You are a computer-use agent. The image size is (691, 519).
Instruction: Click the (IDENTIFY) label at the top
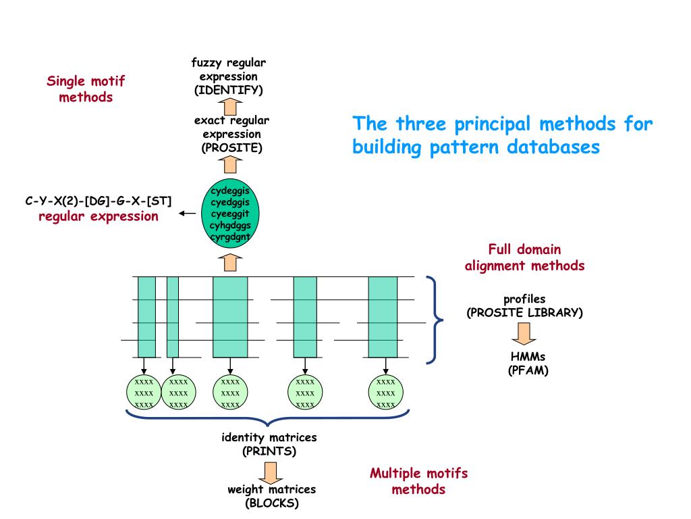[229, 90]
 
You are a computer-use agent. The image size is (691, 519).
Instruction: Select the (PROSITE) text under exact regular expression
[231, 148]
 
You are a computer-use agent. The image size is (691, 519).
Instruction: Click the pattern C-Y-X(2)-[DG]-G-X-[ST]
[99, 201]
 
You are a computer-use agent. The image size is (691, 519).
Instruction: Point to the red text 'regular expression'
[99, 217]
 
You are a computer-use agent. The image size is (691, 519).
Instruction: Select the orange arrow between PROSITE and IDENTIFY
[231, 105]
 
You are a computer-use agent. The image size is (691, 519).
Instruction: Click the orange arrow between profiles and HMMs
[524, 332]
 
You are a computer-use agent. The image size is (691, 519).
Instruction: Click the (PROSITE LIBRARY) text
[524, 313]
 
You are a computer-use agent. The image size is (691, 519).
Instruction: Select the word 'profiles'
[524, 299]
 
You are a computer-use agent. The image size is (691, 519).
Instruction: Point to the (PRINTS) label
[269, 451]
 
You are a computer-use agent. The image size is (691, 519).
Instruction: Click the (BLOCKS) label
[271, 503]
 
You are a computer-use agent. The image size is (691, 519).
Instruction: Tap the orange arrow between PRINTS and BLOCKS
[271, 470]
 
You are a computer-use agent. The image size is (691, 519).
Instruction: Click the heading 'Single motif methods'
[86, 89]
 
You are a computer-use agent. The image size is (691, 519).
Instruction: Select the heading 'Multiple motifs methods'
[418, 480]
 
